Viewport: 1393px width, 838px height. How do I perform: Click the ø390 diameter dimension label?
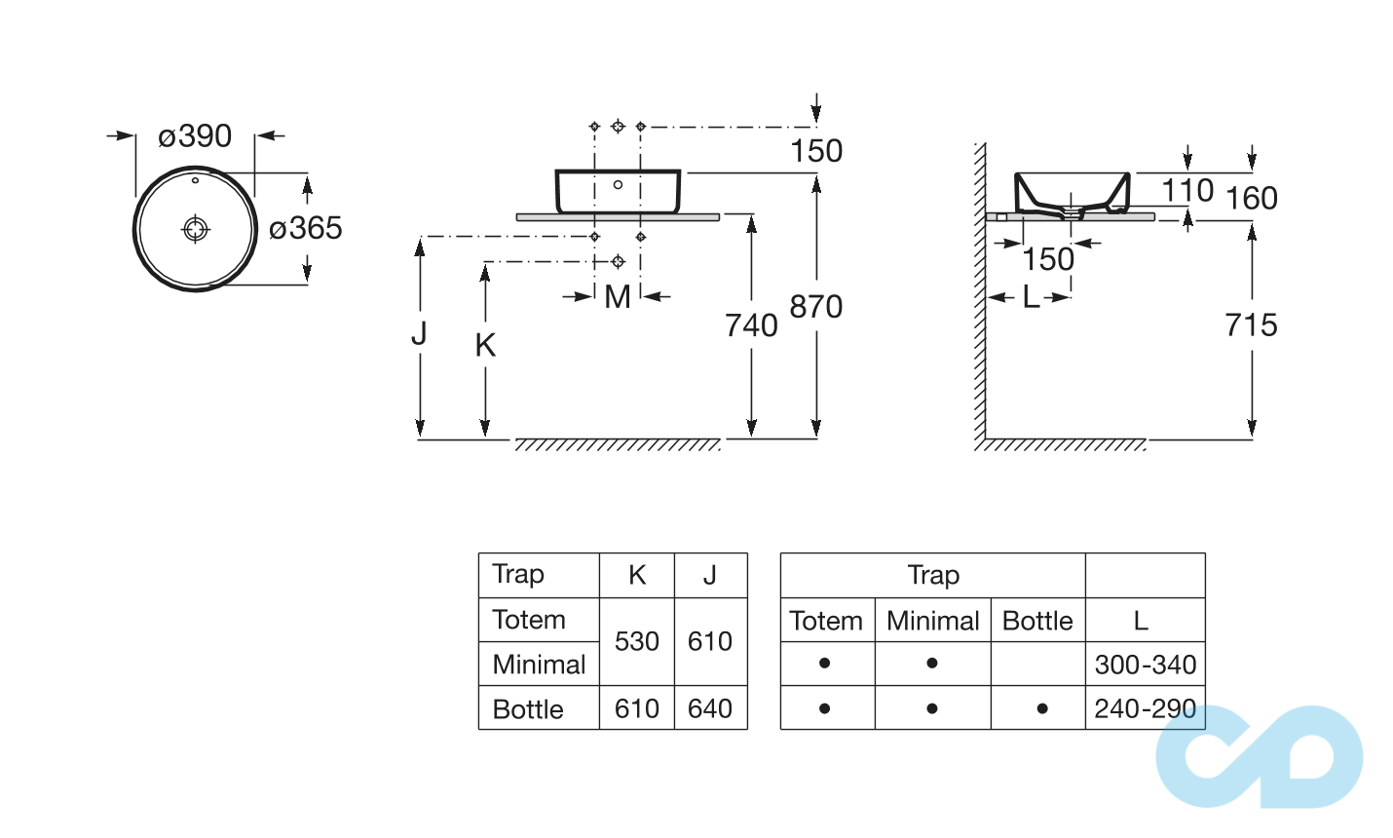[195, 136]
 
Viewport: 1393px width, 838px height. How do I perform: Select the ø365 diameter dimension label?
[306, 229]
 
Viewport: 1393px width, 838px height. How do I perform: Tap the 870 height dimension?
[816, 307]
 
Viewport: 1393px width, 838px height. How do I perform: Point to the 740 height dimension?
[751, 325]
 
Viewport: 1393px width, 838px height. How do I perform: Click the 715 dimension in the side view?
[1251, 325]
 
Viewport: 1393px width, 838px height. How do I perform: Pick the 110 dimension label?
[1187, 191]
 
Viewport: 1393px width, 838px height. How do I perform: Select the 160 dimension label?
[1252, 199]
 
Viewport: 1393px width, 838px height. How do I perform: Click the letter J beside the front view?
[419, 334]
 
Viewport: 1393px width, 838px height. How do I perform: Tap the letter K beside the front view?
[485, 345]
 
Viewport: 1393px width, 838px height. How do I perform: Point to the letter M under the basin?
[618, 297]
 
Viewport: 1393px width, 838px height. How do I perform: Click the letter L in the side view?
[1031, 297]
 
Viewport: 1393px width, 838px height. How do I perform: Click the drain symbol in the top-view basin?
[196, 229]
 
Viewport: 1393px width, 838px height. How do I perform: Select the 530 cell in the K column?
[637, 641]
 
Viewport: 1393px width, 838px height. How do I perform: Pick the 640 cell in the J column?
[710, 708]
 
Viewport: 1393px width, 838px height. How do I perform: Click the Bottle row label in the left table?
[528, 709]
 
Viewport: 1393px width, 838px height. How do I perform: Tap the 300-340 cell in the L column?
[1146, 665]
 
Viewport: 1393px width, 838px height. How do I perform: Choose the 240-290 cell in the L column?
[1146, 708]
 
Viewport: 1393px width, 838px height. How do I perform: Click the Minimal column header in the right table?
[933, 621]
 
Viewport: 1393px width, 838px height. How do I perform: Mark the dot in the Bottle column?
[1042, 708]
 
